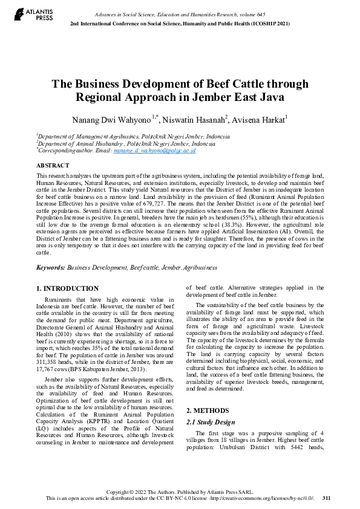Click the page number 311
click(x=327, y=498)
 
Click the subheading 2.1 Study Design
click(x=210, y=422)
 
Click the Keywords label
click(x=50, y=267)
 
